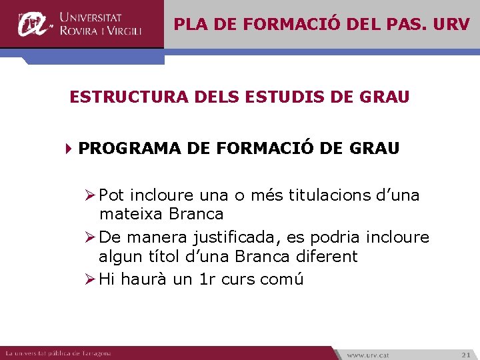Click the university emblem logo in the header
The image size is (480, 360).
(33, 24)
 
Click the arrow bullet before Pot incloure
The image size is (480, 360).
(91, 195)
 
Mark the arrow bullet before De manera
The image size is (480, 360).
(91, 237)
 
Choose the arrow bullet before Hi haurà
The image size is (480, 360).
(91, 279)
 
